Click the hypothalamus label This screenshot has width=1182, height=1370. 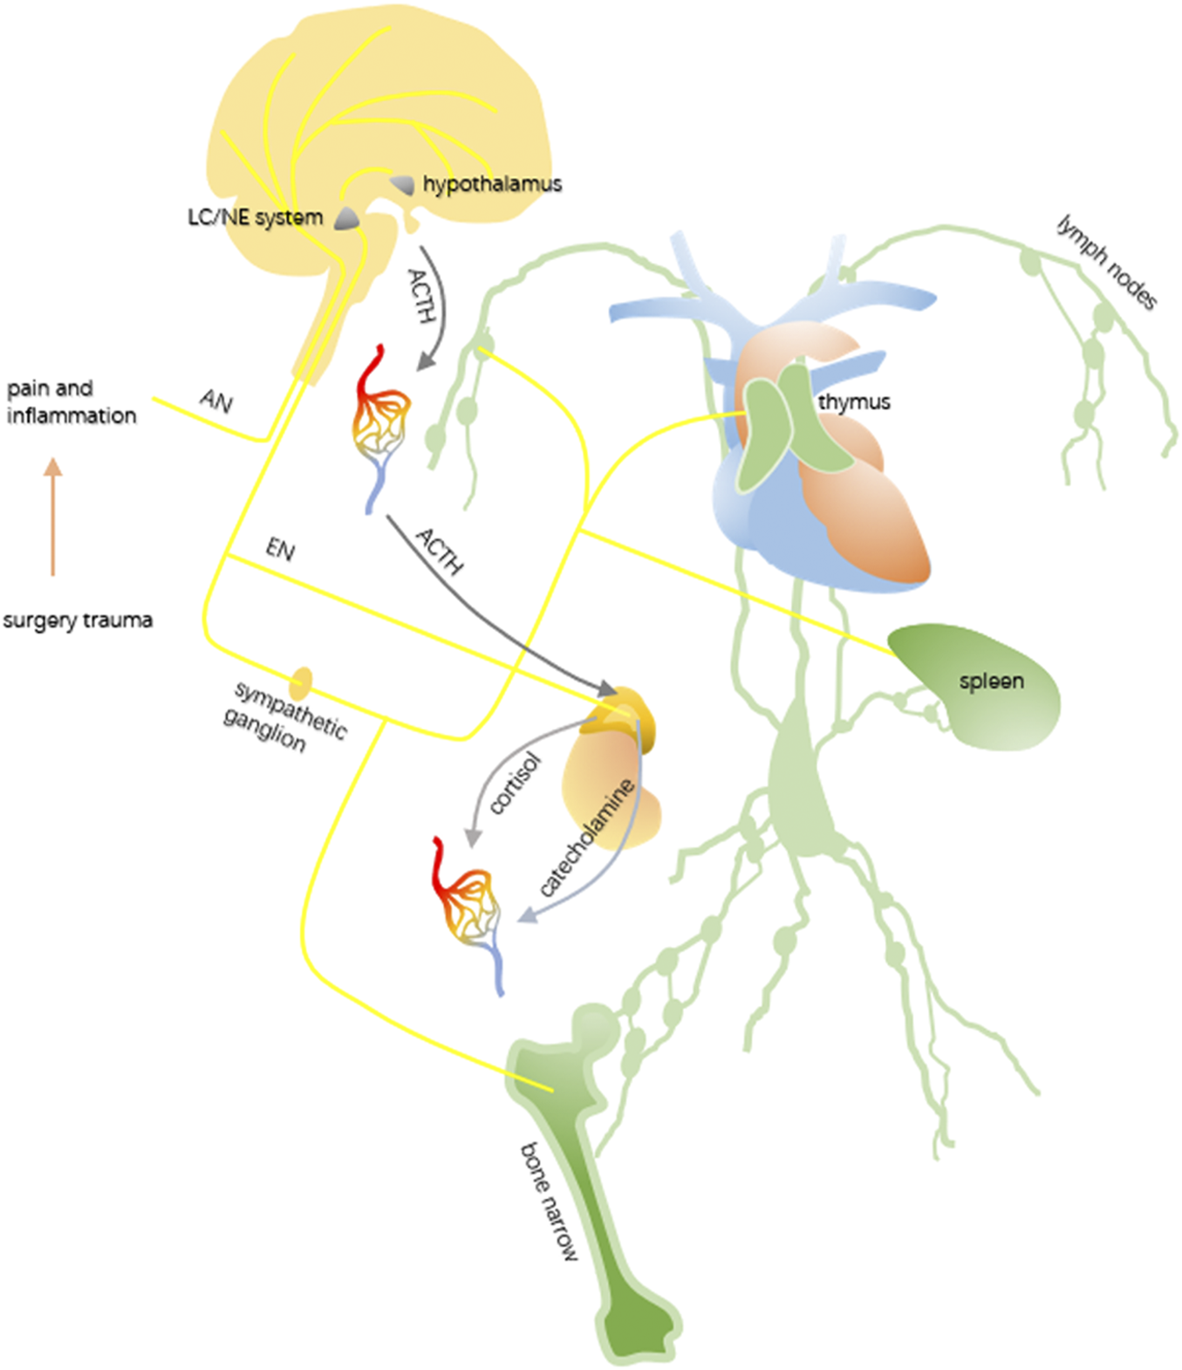click(491, 184)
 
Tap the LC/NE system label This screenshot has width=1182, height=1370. click(255, 217)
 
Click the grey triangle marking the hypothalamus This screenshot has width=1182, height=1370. click(403, 184)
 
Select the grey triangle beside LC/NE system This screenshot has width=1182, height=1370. click(347, 218)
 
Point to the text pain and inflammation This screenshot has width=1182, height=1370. click(71, 401)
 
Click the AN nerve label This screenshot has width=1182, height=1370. click(216, 401)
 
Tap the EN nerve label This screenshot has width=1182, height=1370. click(280, 550)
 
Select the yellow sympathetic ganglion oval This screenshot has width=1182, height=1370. click(300, 683)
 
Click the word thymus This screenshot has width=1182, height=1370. click(853, 402)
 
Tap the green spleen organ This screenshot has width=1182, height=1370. click(986, 689)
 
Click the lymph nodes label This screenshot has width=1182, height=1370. click(1106, 262)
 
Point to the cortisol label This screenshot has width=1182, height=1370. click(515, 783)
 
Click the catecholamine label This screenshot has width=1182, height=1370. click(585, 838)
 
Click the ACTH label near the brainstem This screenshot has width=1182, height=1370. click(422, 297)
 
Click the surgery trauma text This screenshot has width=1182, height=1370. click(78, 620)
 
